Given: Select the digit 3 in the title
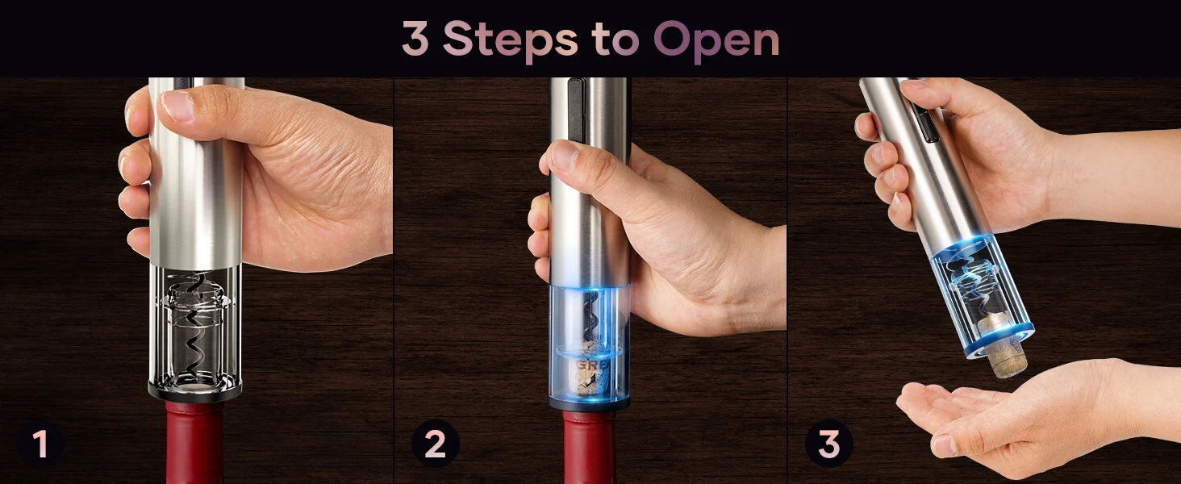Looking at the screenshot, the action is coord(415,38).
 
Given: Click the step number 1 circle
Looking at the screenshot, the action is coord(40,444).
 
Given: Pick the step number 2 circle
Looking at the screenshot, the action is coord(435,444).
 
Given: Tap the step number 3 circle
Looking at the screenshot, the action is coord(828,444).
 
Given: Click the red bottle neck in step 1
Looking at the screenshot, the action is coord(194,443).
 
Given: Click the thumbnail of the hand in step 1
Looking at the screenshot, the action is coord(178,106).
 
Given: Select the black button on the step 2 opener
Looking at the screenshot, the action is coord(577,108).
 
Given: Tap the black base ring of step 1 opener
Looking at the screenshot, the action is coord(195,390).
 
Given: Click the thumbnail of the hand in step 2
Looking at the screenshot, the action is coord(563,156).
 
